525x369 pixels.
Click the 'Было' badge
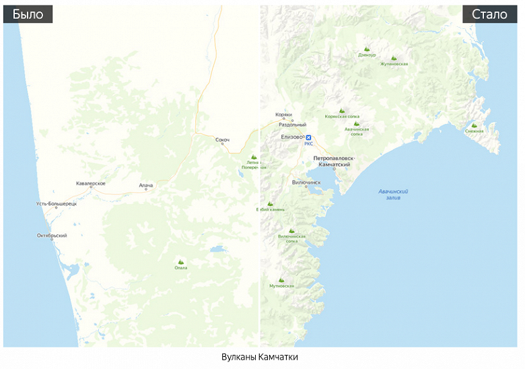(x=28, y=14)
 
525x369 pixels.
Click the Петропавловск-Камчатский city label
(x=334, y=161)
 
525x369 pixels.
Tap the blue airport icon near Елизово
(x=308, y=137)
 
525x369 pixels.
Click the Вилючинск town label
(x=306, y=182)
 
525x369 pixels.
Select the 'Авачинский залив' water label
(x=394, y=195)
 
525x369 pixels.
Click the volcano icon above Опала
(x=180, y=261)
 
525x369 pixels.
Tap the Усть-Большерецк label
(x=57, y=203)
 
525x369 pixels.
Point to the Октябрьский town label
(x=52, y=235)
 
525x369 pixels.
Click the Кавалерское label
(x=91, y=183)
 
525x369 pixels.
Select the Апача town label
(x=146, y=184)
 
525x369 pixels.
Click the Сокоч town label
(x=223, y=140)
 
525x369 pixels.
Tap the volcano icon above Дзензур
(x=367, y=48)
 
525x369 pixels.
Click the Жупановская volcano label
(x=394, y=64)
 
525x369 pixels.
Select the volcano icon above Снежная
(x=474, y=125)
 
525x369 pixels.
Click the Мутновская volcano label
(x=281, y=286)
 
